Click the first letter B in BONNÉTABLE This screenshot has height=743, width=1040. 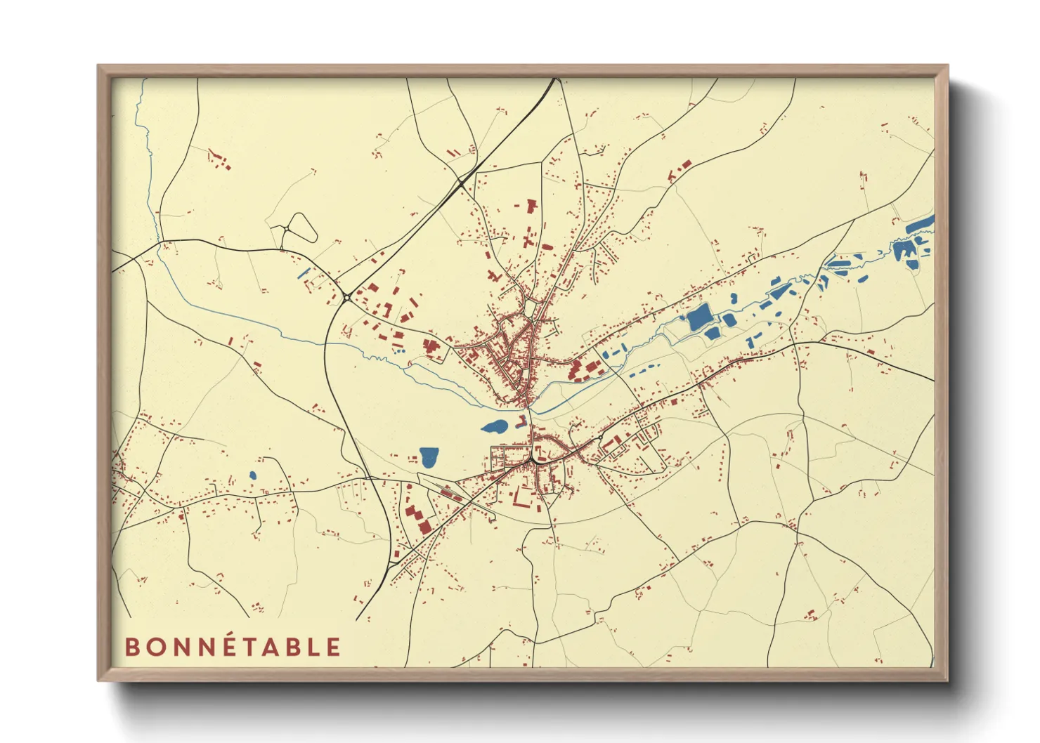tap(131, 647)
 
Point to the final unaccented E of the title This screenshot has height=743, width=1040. tap(332, 647)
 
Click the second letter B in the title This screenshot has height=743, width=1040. tap(294, 647)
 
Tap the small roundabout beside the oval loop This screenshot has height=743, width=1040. tap(282, 229)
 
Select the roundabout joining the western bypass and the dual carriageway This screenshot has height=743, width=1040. tap(348, 298)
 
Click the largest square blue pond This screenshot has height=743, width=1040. tap(700, 317)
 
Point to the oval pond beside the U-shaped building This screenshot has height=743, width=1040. tap(495, 426)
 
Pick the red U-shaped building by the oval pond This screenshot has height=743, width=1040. tap(521, 422)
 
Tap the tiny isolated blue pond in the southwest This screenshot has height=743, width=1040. tap(253, 475)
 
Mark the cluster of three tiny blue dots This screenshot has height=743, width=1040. tap(398, 350)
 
